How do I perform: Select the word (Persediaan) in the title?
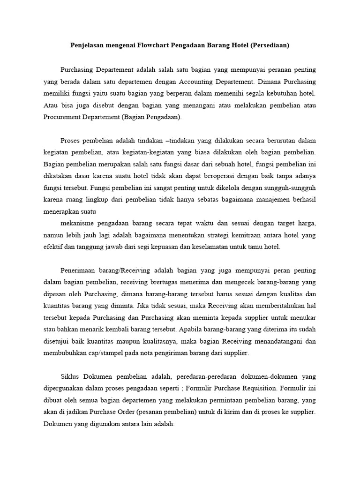[x=270, y=45]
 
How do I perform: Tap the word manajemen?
[x=262, y=200]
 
